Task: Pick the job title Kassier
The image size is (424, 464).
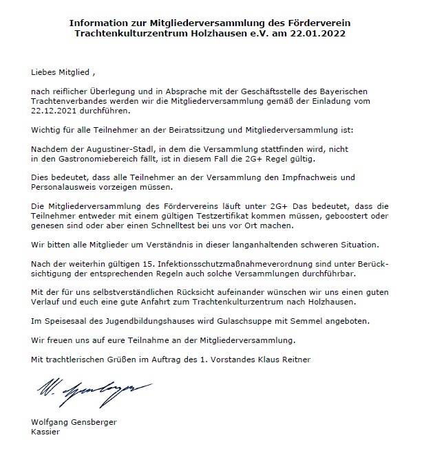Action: (45, 432)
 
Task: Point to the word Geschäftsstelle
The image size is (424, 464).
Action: (272, 91)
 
